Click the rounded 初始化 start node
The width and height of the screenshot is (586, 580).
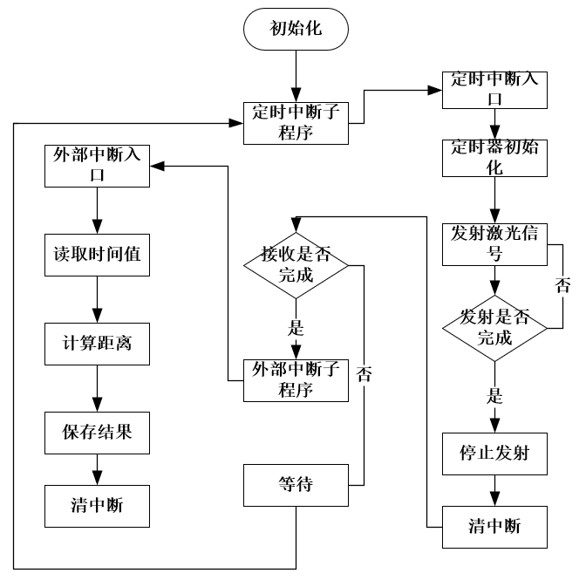296,30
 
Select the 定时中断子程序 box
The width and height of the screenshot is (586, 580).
296,122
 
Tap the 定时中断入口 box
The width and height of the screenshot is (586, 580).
494,89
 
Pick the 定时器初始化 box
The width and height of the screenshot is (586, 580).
494,157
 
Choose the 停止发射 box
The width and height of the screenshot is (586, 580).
494,454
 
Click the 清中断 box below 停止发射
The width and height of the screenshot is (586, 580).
494,528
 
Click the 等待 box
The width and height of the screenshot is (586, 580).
296,485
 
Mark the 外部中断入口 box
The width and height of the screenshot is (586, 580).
96,165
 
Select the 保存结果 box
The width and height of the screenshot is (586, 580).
96,431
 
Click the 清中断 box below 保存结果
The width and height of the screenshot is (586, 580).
96,503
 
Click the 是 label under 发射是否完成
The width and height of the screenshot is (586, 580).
494,395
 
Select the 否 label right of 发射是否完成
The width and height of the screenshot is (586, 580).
564,285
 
